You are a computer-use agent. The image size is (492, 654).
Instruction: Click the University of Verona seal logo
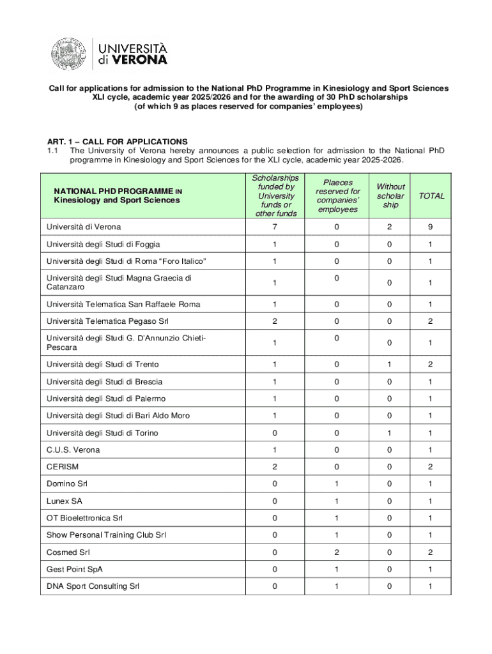click(x=69, y=53)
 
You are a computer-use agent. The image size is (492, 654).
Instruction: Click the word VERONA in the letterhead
click(x=141, y=60)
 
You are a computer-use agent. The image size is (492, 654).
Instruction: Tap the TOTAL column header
click(x=431, y=196)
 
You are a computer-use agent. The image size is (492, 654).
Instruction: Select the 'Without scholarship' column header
click(x=390, y=195)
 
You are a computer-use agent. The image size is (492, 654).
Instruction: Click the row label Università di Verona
click(x=84, y=227)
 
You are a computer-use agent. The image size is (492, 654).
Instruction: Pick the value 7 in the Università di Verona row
click(x=274, y=227)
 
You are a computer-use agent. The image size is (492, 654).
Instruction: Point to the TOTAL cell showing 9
click(x=431, y=227)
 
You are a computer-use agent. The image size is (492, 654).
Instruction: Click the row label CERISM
click(x=63, y=467)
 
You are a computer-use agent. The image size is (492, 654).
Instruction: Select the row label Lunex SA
click(x=65, y=501)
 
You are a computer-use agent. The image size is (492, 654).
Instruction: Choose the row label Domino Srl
click(x=67, y=484)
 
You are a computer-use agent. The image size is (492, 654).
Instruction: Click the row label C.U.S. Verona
click(x=73, y=450)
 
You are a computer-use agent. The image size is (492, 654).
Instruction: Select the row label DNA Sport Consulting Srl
click(x=93, y=586)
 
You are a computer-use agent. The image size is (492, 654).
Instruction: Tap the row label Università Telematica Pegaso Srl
click(x=107, y=321)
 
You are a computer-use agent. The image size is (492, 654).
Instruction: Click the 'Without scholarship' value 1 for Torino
click(x=390, y=433)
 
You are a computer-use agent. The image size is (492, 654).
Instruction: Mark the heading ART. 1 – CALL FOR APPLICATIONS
click(x=117, y=141)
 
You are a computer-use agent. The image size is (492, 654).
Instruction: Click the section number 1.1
click(x=53, y=151)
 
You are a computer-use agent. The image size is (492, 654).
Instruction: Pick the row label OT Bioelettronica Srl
click(x=85, y=518)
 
